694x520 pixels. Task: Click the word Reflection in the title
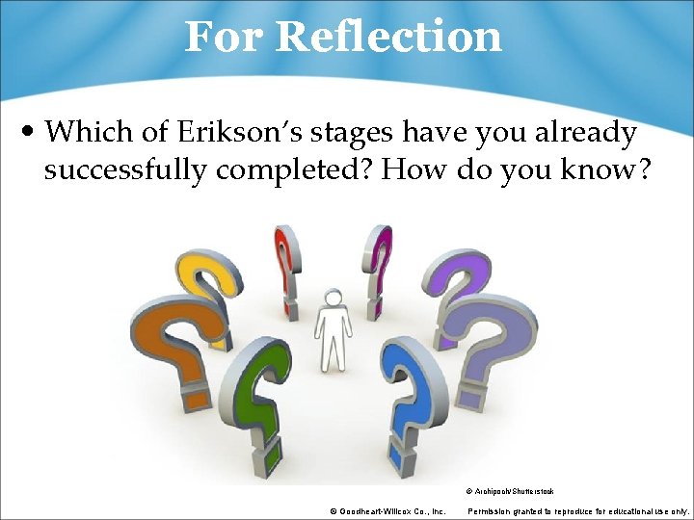[387, 38]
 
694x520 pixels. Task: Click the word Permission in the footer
[489, 510]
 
